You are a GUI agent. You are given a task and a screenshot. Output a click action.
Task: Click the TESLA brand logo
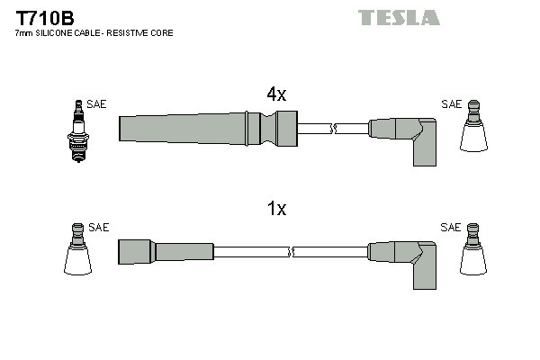click(399, 17)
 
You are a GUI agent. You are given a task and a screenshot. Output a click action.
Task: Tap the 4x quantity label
click(275, 94)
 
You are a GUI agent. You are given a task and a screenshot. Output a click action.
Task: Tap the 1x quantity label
click(276, 209)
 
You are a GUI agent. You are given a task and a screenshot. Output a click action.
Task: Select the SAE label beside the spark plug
click(96, 104)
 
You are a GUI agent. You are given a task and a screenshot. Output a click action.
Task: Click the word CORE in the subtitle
click(162, 33)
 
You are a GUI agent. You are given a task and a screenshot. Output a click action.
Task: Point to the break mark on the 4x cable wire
click(333, 129)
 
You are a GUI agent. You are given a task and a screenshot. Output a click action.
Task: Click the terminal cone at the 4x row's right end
click(473, 131)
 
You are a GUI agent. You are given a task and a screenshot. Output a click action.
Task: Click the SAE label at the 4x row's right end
click(451, 104)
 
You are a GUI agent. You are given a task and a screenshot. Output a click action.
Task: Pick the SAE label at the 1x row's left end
click(99, 228)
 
